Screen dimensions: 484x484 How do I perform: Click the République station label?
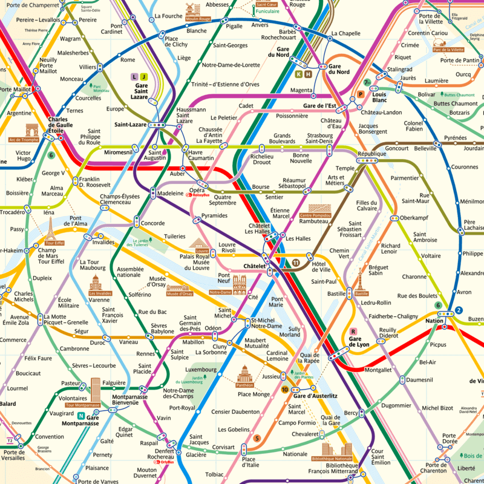point(371,154)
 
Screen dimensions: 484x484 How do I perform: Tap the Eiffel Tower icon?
point(50,231)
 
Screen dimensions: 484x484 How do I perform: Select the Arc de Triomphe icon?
point(31,129)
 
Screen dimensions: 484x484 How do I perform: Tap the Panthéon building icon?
point(244,373)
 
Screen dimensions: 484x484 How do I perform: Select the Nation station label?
point(434,321)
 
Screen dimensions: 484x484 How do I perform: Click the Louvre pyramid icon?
point(200,243)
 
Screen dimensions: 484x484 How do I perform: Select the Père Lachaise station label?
point(473,226)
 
